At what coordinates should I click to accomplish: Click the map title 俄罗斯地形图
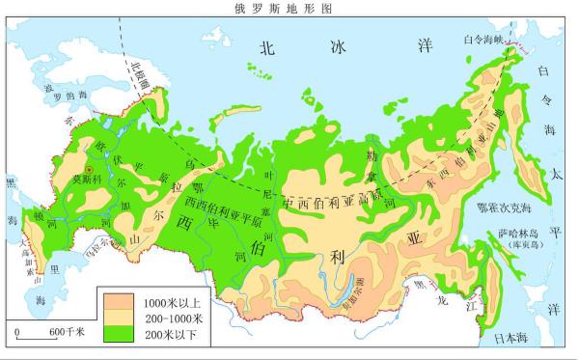tap(290, 7)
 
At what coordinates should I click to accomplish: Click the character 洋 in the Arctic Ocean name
tap(422, 45)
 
